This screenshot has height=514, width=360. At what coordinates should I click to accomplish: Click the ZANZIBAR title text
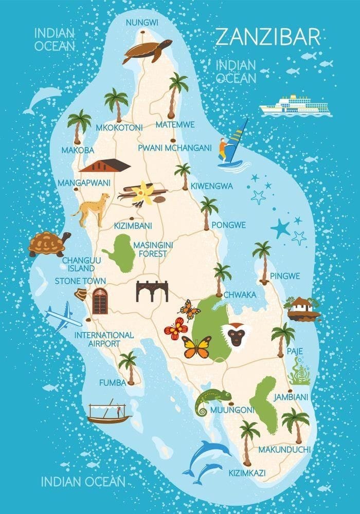click(x=267, y=37)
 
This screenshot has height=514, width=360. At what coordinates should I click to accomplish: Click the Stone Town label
click(x=80, y=281)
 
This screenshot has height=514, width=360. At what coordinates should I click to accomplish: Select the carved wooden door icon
click(x=100, y=301)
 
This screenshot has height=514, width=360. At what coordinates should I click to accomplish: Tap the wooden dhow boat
click(x=109, y=413)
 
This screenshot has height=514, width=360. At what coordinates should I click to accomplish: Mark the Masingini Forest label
click(x=150, y=249)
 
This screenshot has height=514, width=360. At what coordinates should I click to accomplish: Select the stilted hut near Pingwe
click(x=302, y=309)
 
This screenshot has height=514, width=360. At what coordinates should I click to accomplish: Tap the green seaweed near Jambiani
click(x=299, y=372)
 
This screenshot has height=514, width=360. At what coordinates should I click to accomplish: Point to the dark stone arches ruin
click(x=152, y=291)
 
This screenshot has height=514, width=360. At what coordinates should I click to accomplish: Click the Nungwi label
click(x=142, y=22)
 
